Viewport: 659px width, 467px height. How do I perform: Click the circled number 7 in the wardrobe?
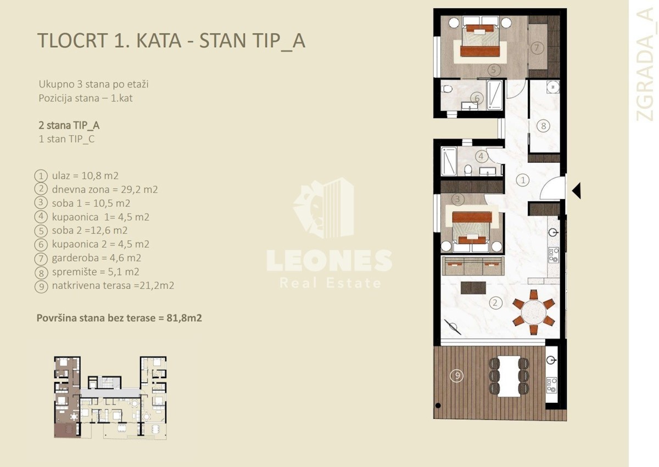(537, 48)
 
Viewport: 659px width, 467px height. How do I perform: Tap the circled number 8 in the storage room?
(543, 126)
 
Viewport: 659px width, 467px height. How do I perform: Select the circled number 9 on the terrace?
(457, 375)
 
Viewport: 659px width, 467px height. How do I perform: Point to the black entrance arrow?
(576, 191)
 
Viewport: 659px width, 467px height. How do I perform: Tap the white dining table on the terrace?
(509, 376)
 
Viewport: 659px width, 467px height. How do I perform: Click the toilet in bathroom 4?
(468, 170)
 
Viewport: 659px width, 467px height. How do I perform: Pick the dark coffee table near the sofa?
(473, 288)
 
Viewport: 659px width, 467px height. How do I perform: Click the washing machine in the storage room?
(553, 87)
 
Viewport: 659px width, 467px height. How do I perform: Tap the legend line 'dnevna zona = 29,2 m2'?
(105, 189)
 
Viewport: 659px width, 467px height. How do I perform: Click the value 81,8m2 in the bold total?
(184, 318)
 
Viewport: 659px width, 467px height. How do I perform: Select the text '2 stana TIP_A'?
(69, 126)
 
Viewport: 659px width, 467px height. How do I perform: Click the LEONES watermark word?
(329, 261)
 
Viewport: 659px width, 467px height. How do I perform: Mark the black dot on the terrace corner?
(438, 406)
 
